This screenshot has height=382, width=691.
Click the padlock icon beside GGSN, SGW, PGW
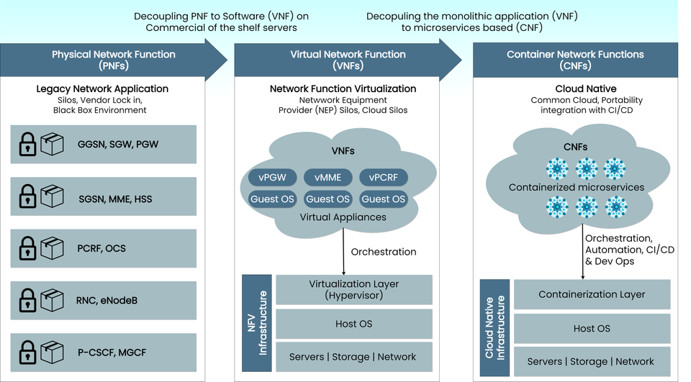27,145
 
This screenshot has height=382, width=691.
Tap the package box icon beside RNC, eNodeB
52,299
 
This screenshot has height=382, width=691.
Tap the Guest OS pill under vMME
328,199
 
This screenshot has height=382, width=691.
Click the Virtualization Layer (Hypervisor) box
353,289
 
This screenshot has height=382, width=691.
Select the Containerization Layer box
592,294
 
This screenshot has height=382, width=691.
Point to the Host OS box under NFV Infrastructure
353,324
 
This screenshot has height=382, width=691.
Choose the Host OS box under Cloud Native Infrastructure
592,328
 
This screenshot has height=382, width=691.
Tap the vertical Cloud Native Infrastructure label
494,327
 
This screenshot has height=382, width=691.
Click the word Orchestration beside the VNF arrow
383,252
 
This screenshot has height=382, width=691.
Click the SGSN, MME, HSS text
114,196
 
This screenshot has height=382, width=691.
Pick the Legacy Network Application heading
102,88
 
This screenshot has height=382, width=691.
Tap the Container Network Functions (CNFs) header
574,60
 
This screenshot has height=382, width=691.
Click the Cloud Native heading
586,88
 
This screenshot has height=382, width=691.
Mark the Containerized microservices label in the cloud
576,187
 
